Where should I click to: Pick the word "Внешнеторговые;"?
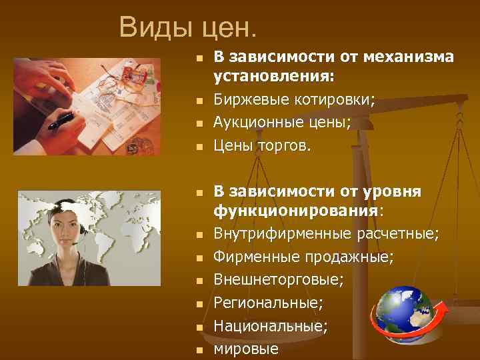point(278,280)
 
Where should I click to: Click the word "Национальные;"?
point(271,325)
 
